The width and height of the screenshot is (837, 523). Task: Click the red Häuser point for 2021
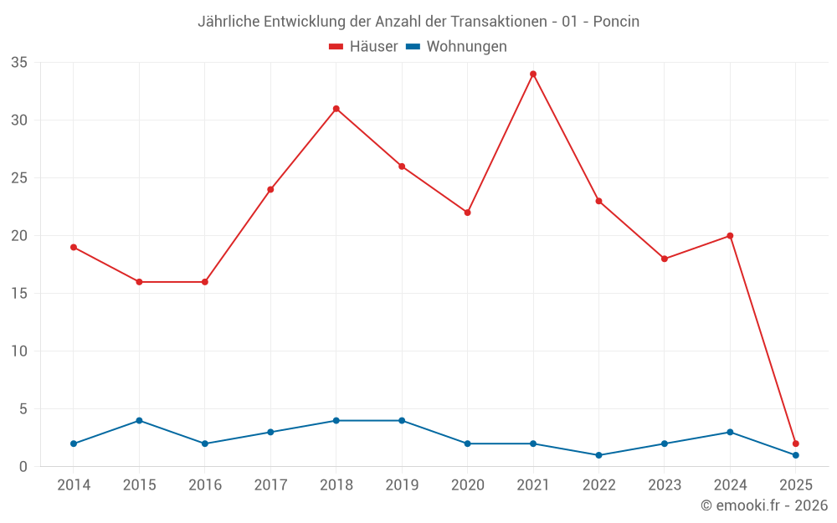tap(533, 74)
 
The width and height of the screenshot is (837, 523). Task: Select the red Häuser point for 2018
tap(336, 109)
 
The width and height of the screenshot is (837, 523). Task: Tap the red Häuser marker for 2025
tap(796, 444)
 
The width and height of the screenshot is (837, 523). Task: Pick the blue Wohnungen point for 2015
tap(139, 420)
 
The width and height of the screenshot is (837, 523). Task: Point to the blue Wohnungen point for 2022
tap(598, 455)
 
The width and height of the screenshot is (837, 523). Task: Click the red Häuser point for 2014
tap(74, 247)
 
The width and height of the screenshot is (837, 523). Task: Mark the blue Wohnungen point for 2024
tap(730, 432)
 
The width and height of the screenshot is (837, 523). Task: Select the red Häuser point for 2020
tap(467, 213)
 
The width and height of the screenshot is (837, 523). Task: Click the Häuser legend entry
tap(363, 47)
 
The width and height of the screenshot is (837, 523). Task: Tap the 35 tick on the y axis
tap(19, 63)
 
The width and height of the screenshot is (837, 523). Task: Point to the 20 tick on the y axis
tap(19, 236)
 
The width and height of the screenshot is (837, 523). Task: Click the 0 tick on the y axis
tap(23, 467)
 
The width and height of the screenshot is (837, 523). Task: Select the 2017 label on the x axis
tap(270, 485)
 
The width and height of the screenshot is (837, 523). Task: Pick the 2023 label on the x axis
tap(665, 485)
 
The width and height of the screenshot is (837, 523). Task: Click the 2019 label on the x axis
tap(402, 485)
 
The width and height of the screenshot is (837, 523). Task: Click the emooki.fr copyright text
tap(764, 505)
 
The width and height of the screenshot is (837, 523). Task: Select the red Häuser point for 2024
tap(730, 236)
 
